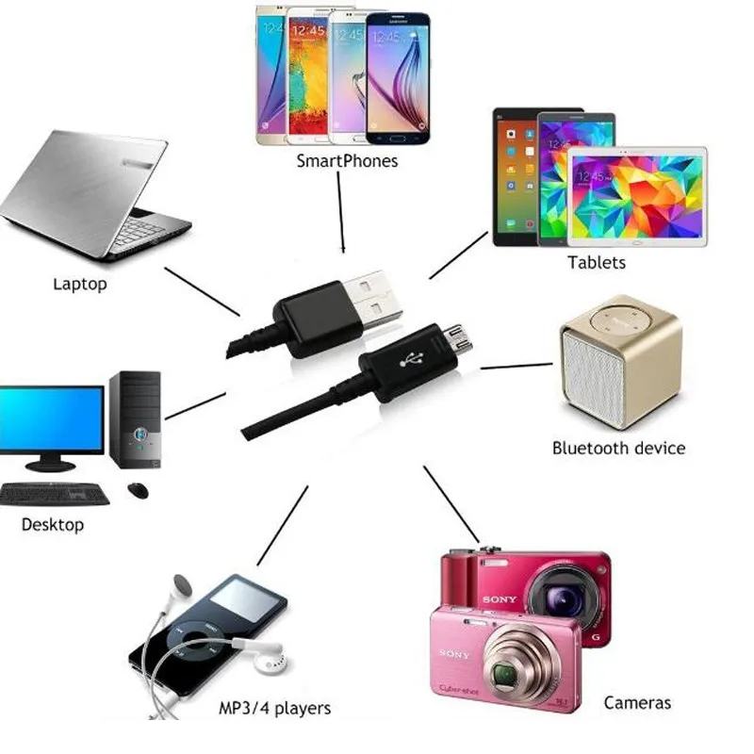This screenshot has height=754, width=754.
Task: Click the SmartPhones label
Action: pos(347,161)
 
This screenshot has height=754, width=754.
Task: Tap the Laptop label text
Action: pos(80,283)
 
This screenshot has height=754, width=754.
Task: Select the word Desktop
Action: pos(53,524)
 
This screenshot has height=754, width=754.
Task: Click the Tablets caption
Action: pos(596,262)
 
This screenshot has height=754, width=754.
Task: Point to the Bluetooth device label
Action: pos(618,448)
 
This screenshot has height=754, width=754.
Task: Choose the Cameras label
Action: pos(637,702)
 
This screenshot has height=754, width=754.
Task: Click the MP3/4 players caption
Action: pos(274,708)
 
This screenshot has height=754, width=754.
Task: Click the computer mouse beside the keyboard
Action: pos(139,490)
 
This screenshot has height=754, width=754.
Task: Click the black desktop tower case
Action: pos(135,418)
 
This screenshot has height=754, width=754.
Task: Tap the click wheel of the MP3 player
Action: pos(188,651)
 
